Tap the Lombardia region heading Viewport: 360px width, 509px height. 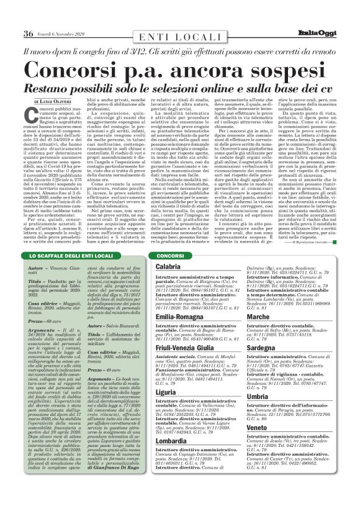(172, 440)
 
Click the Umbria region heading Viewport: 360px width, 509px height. (258, 396)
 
